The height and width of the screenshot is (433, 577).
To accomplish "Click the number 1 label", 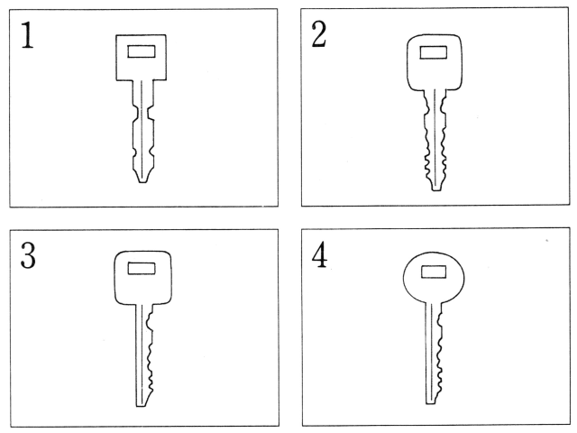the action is pos(27,35).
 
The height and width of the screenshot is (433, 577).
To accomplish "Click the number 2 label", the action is pos(318,34).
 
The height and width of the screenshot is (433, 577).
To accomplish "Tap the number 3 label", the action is pos(28,255).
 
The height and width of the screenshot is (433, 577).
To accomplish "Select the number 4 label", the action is pos(319,254).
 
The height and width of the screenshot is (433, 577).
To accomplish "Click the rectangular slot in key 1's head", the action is pos(142,51).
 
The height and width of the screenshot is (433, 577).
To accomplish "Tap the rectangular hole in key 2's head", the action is pos(434,52).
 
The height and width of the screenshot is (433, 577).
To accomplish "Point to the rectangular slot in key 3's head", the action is pos(142,268).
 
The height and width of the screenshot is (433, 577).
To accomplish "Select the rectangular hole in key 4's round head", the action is pos(434,272).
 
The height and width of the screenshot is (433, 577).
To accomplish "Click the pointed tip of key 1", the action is pos(142,182).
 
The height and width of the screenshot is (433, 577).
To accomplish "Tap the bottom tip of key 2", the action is pos(436,190).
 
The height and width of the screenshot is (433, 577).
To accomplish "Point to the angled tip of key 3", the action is pos(141,406).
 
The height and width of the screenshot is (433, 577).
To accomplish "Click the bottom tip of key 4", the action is pos(430,403).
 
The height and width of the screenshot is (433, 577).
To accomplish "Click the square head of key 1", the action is pos(141,58).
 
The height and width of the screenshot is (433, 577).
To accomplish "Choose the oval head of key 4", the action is pos(434,278).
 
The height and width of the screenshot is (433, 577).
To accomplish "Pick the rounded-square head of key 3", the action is pos(142,278).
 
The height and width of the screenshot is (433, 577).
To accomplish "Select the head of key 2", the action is pos(435,62).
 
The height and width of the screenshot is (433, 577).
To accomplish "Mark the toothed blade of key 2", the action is pos(435,140).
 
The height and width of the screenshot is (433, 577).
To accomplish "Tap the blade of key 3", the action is pos(144,355).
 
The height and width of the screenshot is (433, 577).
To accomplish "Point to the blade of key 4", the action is pos(434,354).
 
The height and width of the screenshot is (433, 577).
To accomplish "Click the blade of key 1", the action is pos(142,131).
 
